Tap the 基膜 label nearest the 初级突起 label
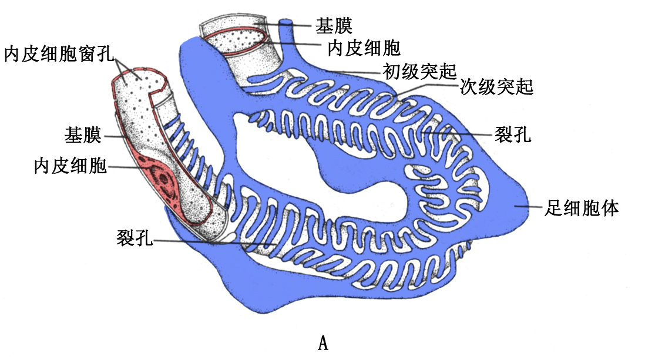(x=334, y=25)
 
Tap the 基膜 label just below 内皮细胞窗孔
(x=83, y=136)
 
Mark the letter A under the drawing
(x=322, y=342)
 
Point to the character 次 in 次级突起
(x=468, y=88)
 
